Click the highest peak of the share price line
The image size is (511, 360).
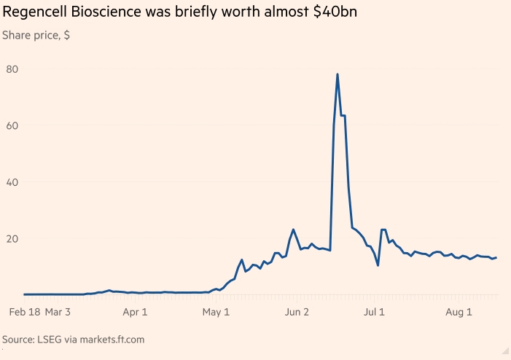pos(338,74)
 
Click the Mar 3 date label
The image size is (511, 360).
pos(58,313)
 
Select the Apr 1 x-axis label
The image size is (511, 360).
pos(135,313)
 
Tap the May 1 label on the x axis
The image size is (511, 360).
pos(215,313)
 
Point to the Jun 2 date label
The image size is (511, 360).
pos(296,313)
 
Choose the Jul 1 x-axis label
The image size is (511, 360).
pos(374,313)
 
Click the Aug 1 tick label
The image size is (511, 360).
pos(459,313)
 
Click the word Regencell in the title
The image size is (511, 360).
pos(35,13)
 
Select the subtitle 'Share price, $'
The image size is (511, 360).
pos(36,35)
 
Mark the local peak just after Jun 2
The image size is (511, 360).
pos(293,230)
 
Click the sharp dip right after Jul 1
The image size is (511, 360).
pos(378,265)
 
